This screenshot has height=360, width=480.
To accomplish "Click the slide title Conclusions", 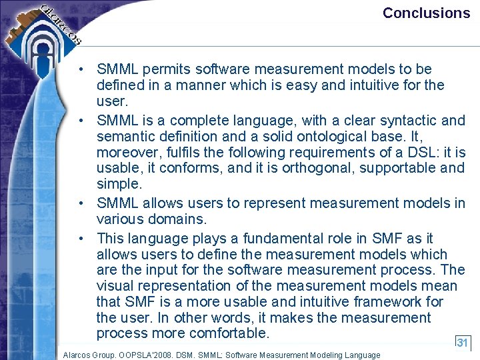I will pos(426,13).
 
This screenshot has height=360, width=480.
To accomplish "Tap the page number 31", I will pos(463,342).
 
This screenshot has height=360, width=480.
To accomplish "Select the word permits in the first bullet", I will pos(160,69).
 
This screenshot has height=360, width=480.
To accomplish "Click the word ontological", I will pos(336,137).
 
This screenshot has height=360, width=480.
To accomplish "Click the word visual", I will pos(115,286).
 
